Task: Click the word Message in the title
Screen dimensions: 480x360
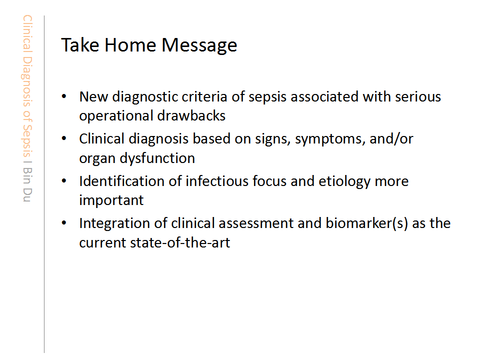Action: coord(199,45)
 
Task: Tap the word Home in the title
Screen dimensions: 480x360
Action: coord(130,45)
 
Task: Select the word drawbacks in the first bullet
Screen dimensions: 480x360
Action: coord(191,115)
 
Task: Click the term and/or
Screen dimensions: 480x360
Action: coord(391,138)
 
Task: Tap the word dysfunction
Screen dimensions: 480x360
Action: coord(157,158)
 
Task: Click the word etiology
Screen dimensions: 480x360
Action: coord(344,181)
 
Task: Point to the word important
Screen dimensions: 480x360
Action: coord(111,200)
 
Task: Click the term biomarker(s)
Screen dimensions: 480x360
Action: coord(366,223)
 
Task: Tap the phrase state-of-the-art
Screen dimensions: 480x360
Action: coord(180,243)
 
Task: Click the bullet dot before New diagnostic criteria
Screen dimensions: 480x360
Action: coord(64,96)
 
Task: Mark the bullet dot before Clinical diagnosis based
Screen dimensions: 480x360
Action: coord(64,138)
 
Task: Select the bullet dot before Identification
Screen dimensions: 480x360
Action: coord(64,181)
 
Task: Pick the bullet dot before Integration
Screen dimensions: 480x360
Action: coord(64,223)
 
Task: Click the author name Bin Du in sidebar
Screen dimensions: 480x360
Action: coord(27,184)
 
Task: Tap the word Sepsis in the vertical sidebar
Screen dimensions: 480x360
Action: coord(27,140)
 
